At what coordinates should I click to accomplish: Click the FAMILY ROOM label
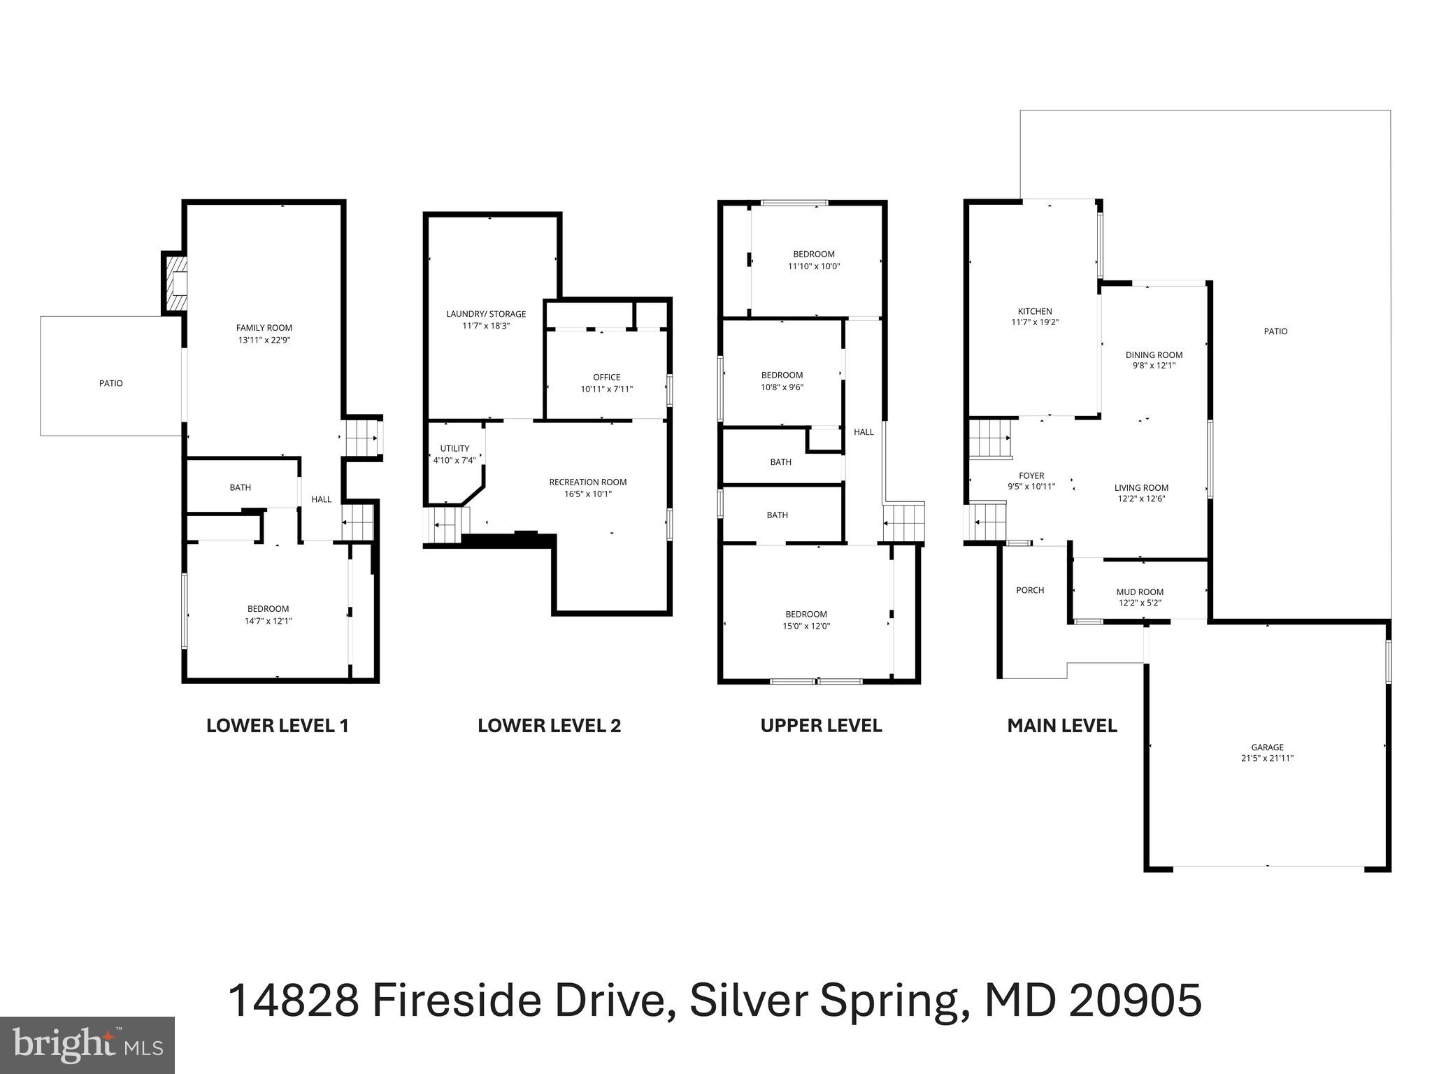[264, 328]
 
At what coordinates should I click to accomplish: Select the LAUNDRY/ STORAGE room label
[486, 314]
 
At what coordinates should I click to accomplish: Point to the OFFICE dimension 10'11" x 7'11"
[606, 389]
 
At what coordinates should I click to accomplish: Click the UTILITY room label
[454, 448]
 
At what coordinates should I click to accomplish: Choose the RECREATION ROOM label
[587, 482]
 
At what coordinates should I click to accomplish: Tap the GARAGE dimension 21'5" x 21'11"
[1267, 758]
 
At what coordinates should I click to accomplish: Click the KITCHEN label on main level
[1034, 311]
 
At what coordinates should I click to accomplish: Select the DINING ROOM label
[1154, 355]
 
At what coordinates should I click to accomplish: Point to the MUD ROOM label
[1140, 592]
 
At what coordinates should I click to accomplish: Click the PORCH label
[1029, 590]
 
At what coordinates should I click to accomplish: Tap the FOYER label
[1031, 475]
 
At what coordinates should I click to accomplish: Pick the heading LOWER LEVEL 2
[549, 726]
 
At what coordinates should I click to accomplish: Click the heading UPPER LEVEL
[821, 726]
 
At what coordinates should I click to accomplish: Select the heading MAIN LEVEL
[1061, 726]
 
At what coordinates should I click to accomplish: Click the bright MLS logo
[87, 1045]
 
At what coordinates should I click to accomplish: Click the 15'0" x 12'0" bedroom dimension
[805, 626]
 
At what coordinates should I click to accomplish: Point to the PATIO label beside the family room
[110, 383]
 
